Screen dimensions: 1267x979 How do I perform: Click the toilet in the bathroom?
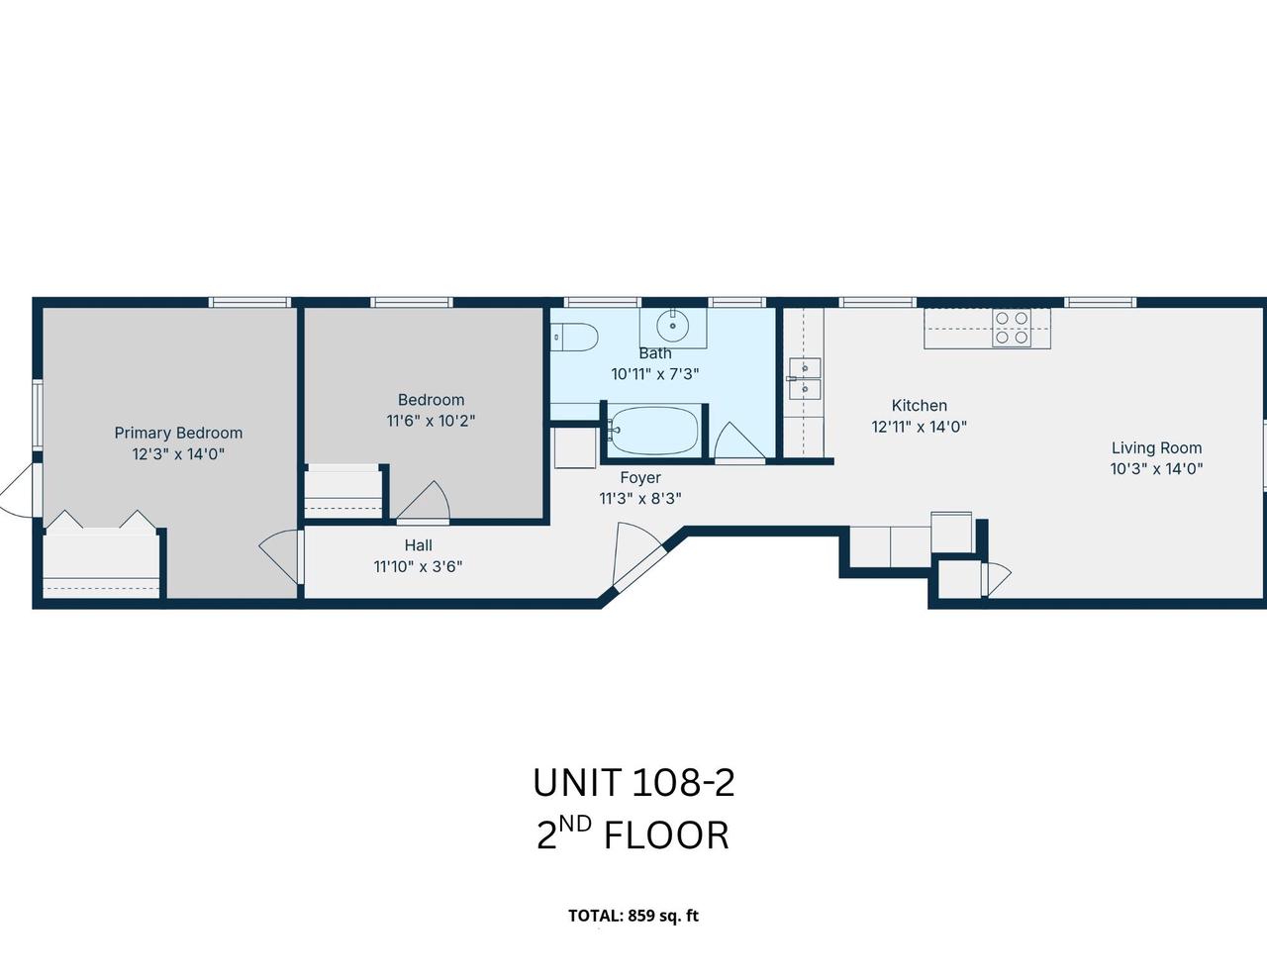point(575,338)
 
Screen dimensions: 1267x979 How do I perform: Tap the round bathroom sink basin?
point(673,325)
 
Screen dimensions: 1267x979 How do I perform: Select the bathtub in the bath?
point(653,431)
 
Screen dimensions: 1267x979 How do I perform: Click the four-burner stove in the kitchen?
point(1012,328)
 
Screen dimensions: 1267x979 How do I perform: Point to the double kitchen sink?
point(805,379)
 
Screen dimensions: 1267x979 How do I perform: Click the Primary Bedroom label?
point(178,434)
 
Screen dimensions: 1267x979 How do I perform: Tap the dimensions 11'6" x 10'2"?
point(431,421)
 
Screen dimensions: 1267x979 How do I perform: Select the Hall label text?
point(418,545)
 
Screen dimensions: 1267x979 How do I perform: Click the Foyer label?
point(640,478)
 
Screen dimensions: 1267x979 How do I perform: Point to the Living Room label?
point(1156,447)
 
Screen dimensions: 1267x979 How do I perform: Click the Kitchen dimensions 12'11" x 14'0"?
point(919,427)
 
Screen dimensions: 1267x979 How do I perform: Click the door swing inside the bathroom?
point(739,441)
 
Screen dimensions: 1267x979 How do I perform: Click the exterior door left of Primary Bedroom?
point(18,490)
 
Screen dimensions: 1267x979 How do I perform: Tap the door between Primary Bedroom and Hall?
point(281,556)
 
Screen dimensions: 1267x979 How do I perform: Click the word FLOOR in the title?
point(666,835)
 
